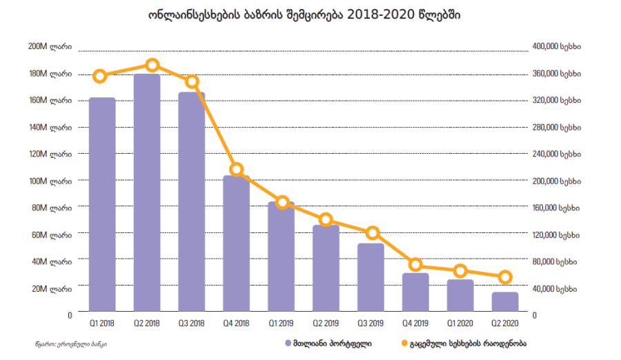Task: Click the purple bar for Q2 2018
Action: click(147, 193)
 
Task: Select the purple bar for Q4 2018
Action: click(236, 244)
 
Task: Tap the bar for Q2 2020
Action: click(504, 303)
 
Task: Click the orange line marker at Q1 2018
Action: click(101, 76)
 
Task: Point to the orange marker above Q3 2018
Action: click(193, 81)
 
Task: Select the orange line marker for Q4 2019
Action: click(415, 265)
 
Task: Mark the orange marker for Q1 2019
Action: click(282, 202)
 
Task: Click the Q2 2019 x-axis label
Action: click(326, 323)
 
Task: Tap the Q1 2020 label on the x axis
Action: click(460, 323)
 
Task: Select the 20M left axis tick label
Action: click(52, 288)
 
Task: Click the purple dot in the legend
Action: click(286, 342)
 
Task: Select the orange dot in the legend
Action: click(404, 342)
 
